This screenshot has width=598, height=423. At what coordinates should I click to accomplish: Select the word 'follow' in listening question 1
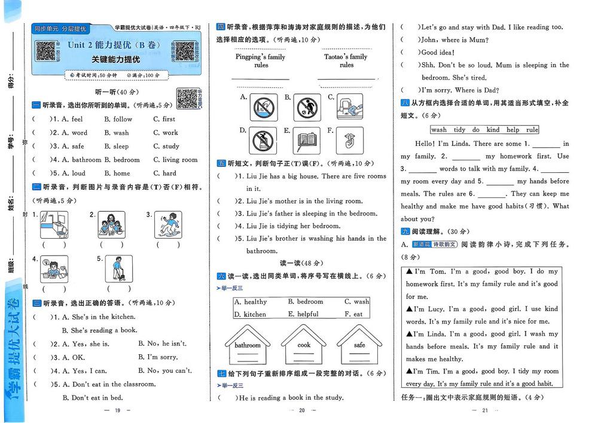tap(123, 119)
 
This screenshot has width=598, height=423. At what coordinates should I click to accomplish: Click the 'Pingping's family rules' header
tap(261, 61)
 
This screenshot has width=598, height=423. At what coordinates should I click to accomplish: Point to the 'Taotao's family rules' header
tap(346, 61)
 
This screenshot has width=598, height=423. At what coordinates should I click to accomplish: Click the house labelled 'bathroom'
tap(248, 346)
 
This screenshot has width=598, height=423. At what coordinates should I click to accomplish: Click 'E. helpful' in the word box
tap(303, 314)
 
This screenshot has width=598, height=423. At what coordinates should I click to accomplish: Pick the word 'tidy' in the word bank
tap(459, 130)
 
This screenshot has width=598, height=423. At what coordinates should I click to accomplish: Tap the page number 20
tap(301, 410)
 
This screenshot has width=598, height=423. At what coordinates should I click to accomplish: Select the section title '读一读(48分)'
tap(301, 263)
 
